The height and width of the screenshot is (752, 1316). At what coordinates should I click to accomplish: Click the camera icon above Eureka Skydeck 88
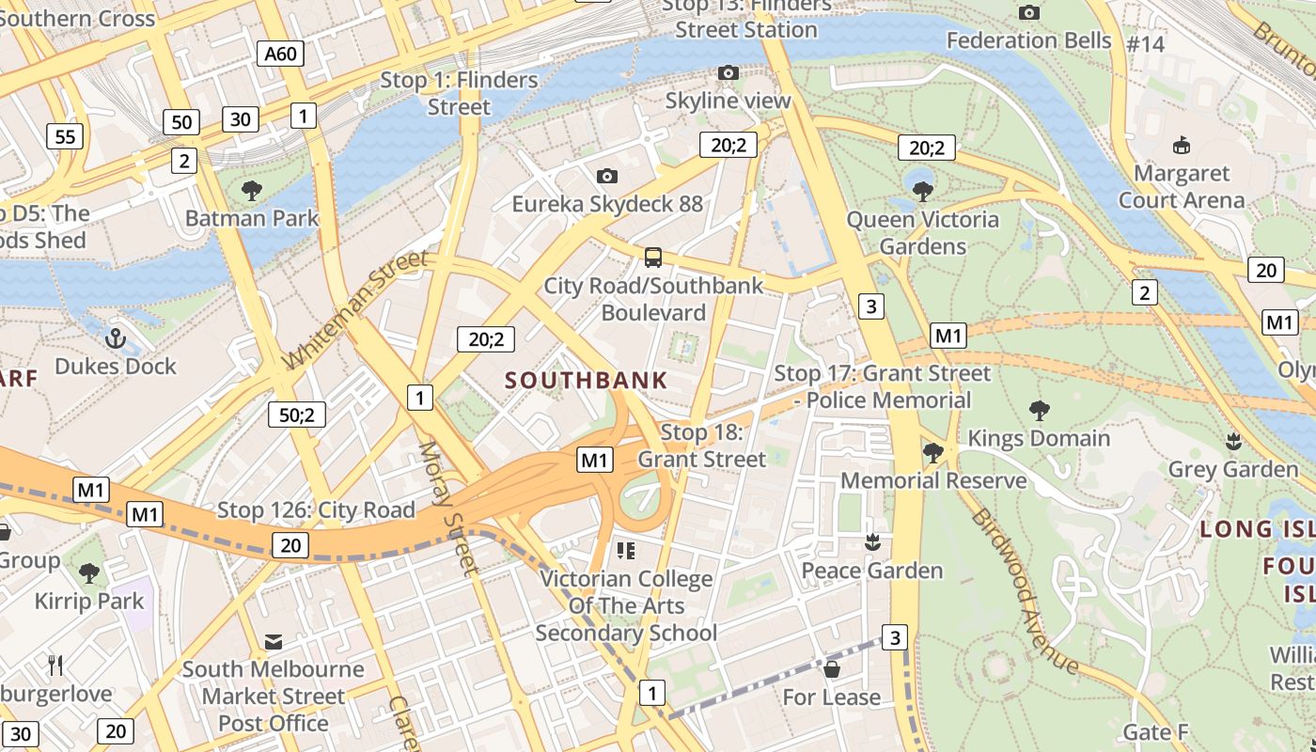pyautogui.click(x=607, y=176)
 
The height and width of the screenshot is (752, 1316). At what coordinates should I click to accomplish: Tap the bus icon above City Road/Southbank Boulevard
pyautogui.click(x=652, y=257)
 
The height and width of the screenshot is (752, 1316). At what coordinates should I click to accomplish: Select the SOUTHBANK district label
pyautogui.click(x=586, y=381)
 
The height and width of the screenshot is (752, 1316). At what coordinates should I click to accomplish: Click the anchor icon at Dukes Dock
pyautogui.click(x=116, y=337)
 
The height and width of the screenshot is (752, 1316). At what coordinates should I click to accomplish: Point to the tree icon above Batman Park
pyautogui.click(x=251, y=191)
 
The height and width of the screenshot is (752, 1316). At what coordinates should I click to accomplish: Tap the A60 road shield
pyautogui.click(x=280, y=54)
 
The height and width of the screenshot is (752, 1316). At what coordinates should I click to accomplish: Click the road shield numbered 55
pyautogui.click(x=64, y=137)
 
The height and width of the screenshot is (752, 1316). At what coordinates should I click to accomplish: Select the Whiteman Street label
pyautogui.click(x=354, y=308)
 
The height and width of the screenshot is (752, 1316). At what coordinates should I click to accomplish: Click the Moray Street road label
pyautogui.click(x=449, y=508)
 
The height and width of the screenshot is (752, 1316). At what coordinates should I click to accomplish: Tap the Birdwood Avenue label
pyautogui.click(x=1024, y=590)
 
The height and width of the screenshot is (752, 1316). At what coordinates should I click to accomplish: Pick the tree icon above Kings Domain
pyautogui.click(x=1039, y=410)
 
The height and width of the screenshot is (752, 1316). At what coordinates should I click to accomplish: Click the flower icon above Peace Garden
pyautogui.click(x=872, y=542)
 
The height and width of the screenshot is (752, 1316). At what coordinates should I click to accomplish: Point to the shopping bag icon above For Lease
pyautogui.click(x=831, y=669)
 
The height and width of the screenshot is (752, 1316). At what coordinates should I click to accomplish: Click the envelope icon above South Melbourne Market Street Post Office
pyautogui.click(x=274, y=642)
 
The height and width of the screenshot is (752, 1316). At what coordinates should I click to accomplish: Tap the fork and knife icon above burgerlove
pyautogui.click(x=55, y=666)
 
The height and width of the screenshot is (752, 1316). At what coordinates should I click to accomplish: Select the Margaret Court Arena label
pyautogui.click(x=1181, y=186)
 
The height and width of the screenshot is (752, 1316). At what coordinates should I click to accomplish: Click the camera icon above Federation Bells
pyautogui.click(x=1029, y=12)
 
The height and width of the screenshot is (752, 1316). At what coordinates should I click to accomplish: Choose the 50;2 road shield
pyautogui.click(x=297, y=415)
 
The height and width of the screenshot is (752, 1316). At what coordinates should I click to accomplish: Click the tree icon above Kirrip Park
pyautogui.click(x=89, y=572)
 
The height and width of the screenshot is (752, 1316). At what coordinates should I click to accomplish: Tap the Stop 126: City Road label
pyautogui.click(x=316, y=510)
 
